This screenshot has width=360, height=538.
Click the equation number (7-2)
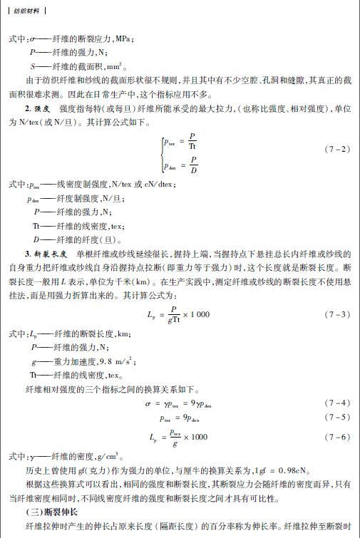[337, 149]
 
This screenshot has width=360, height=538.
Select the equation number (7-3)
[337, 314]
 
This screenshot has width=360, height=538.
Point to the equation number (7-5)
[337, 417]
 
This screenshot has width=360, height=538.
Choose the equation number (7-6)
[337, 437]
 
